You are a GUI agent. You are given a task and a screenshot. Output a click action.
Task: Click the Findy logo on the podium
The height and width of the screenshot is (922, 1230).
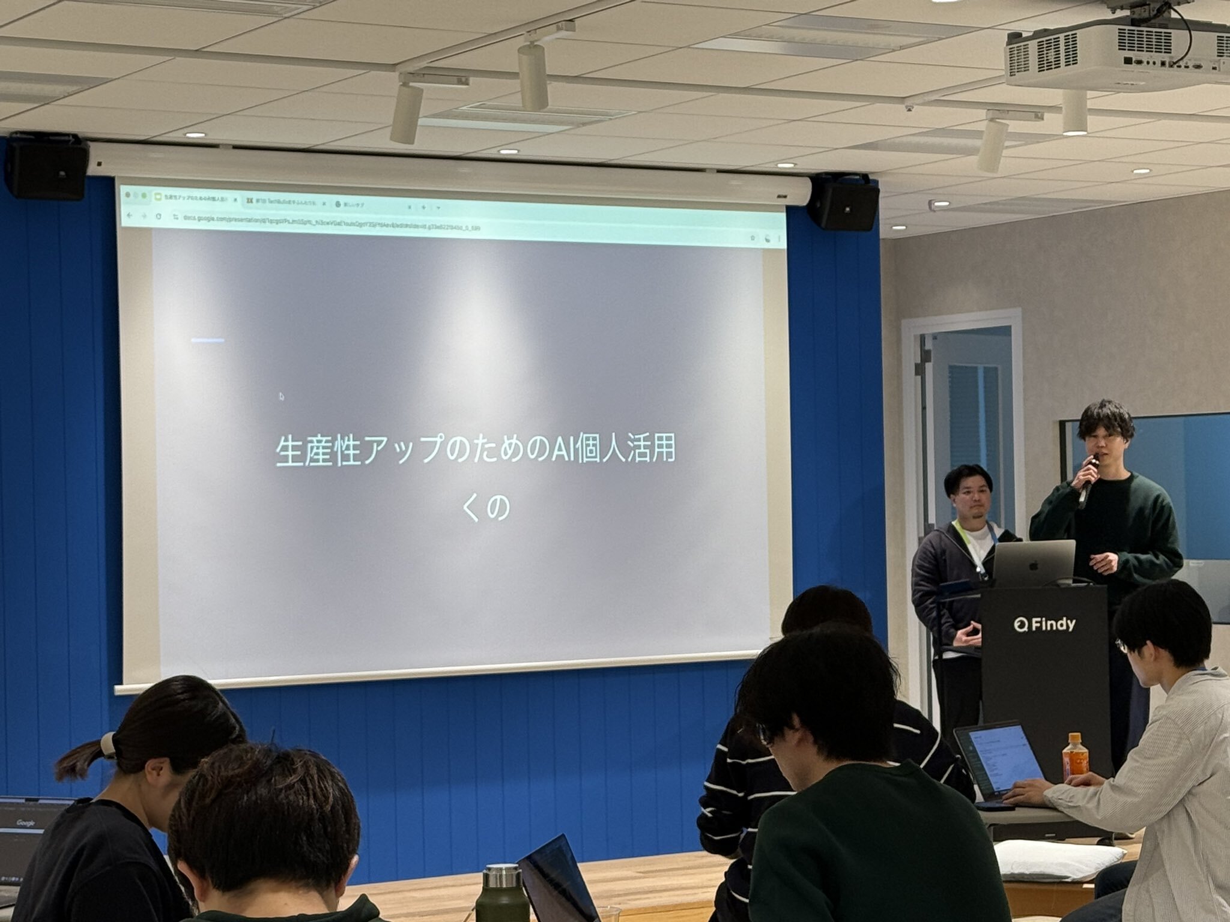tap(1045, 625)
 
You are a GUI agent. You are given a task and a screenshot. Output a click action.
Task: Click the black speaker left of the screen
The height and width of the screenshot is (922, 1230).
tap(47, 167)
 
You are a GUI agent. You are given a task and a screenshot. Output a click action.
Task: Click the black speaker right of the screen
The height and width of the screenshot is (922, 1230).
tap(844, 202)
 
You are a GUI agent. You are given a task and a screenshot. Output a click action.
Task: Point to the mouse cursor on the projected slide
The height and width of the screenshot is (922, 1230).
tap(281, 396)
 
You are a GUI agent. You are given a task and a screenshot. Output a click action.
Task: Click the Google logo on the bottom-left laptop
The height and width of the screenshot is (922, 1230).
tap(26, 822)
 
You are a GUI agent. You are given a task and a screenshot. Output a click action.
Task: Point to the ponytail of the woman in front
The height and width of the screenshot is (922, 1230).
tap(81, 757)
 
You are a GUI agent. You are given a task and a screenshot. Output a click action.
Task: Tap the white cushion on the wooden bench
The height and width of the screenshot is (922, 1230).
tap(1057, 859)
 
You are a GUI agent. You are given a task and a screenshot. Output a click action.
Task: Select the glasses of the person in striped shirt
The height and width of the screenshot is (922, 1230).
tap(764, 734)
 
